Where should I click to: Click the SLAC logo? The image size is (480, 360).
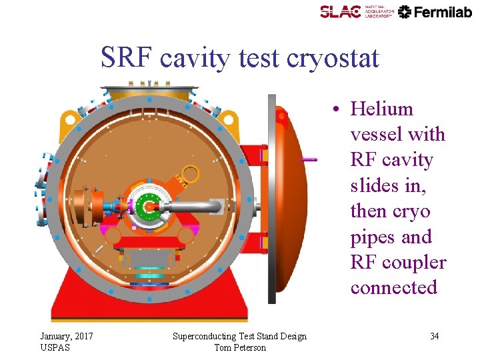pos(357,11)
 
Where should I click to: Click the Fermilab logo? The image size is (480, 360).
pos(435,11)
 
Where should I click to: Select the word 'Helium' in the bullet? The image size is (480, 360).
pos(382,109)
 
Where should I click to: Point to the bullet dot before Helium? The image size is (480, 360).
pos(339,109)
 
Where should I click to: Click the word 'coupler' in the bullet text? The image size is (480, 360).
pos(413,262)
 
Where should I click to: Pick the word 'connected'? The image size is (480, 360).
pos(393,287)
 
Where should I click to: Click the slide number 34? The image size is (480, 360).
pos(434,336)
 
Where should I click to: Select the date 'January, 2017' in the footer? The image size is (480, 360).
pos(67,336)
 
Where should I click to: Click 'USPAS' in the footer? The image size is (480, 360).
pos(54,347)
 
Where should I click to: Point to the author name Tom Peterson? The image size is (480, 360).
pos(240,347)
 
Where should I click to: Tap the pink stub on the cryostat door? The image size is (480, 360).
pos(309,159)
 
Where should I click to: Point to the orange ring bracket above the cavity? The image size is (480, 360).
pos(189,174)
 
